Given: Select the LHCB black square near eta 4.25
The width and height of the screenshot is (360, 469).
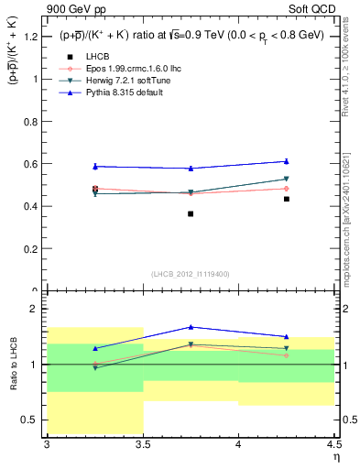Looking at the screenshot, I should pyautogui.click(x=287, y=199).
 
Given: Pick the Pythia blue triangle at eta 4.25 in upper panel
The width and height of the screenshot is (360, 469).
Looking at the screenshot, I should pyautogui.click(x=287, y=161).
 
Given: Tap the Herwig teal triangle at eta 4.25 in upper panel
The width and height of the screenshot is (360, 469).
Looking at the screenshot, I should pyautogui.click(x=287, y=180).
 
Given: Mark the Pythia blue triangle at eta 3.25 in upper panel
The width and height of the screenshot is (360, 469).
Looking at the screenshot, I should pyautogui.click(x=94, y=166).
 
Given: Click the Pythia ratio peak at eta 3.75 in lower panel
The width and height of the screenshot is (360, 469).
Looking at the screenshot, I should pyautogui.click(x=191, y=327).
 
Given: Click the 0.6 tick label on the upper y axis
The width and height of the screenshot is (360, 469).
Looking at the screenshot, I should pyautogui.click(x=31, y=164).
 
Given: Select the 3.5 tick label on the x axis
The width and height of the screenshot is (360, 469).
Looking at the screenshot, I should pyautogui.click(x=143, y=444).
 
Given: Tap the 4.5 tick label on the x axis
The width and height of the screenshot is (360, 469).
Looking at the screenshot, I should pyautogui.click(x=334, y=444).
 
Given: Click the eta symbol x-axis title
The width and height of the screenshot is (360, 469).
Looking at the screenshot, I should pyautogui.click(x=335, y=457).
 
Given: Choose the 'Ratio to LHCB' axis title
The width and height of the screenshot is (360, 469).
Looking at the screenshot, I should pyautogui.click(x=13, y=365).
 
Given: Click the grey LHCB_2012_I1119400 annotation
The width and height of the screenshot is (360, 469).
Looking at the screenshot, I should pyautogui.click(x=191, y=274).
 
